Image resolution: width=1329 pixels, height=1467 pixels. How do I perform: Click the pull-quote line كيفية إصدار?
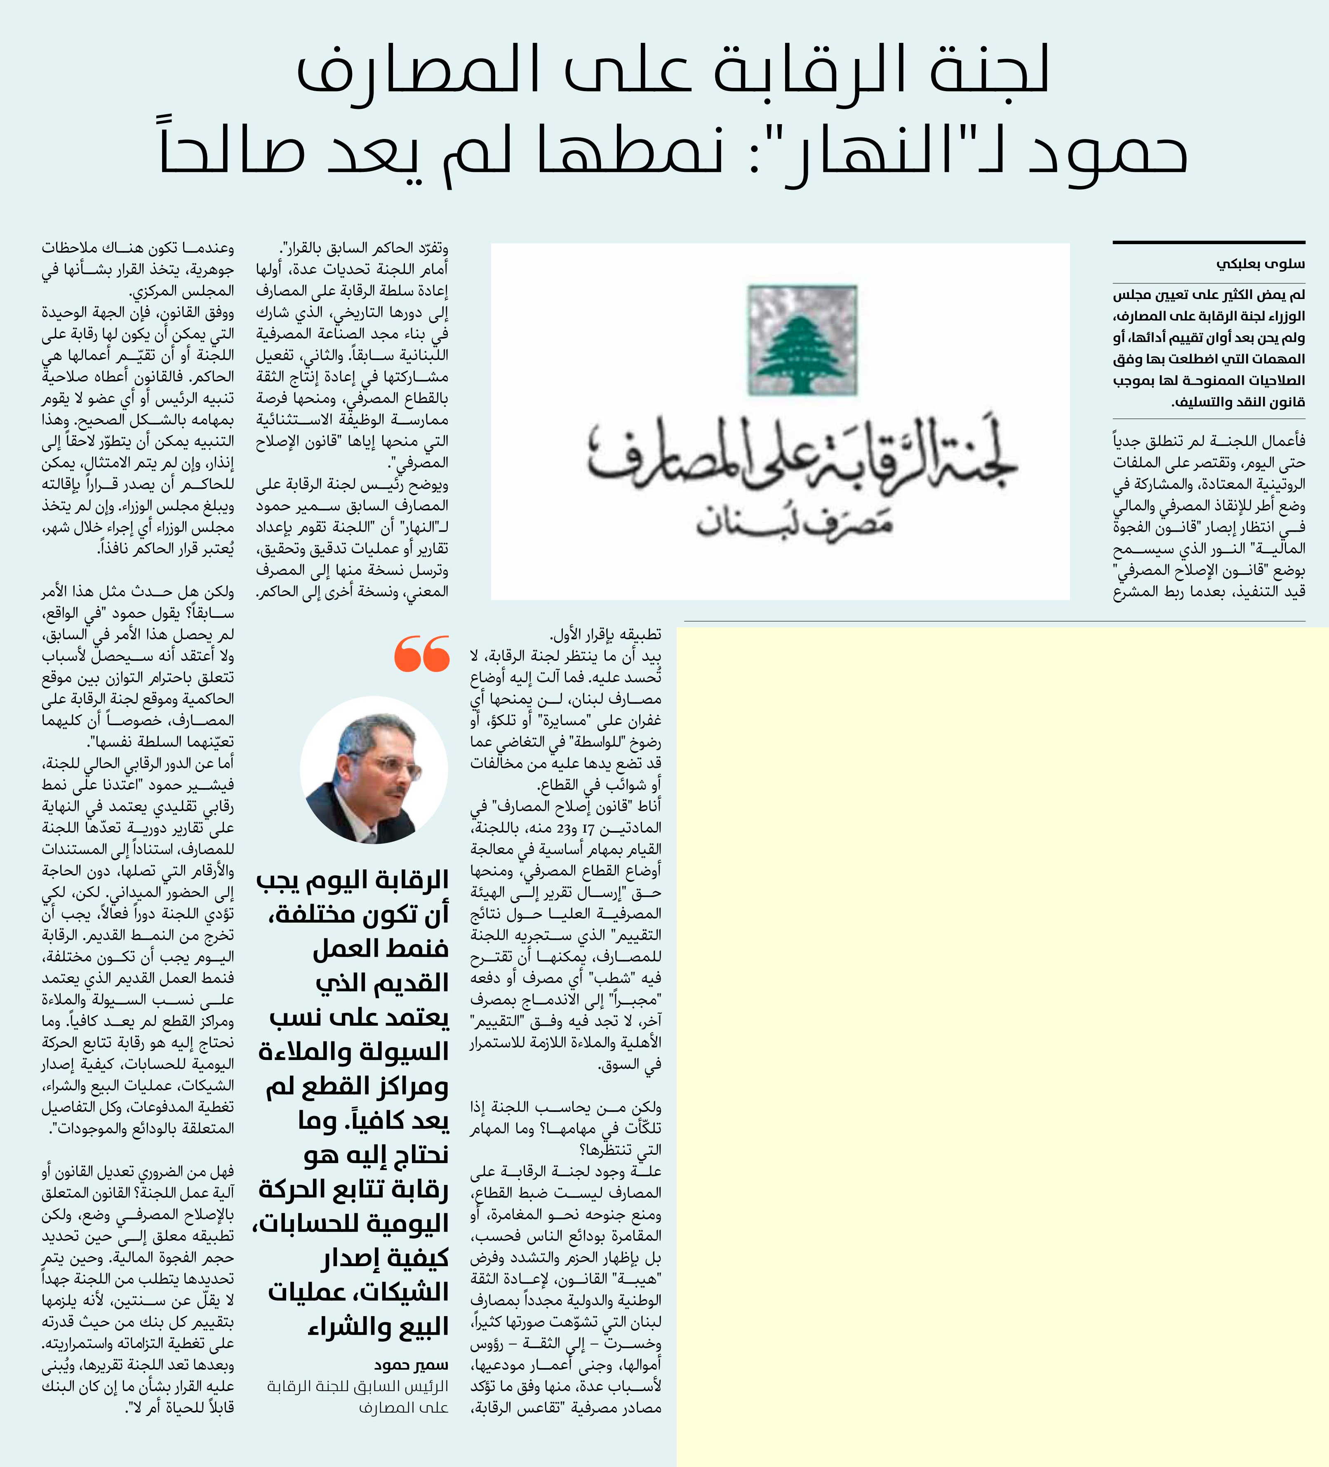pyautogui.click(x=386, y=1258)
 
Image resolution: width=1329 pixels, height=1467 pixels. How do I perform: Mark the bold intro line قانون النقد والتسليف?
pyautogui.click(x=1238, y=402)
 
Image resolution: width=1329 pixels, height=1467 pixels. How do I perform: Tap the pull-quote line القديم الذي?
pyautogui.click(x=382, y=983)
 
